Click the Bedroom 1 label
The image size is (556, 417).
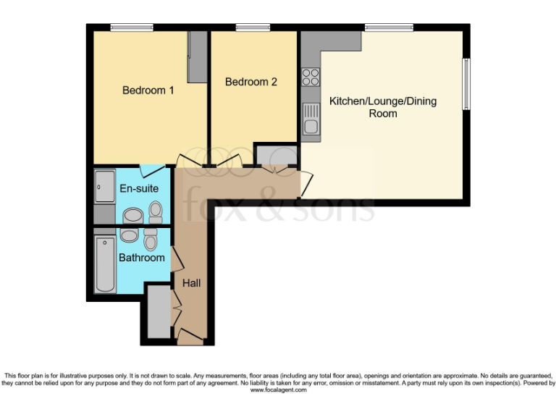click(148, 90)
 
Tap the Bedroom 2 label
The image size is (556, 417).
click(251, 82)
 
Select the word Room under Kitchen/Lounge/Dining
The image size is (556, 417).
click(383, 114)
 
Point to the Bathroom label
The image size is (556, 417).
click(143, 257)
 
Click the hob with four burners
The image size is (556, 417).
click(311, 76)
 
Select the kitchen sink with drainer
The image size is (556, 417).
click(311, 119)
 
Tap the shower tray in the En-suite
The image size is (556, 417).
click(104, 186)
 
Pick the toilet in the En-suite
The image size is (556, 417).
click(155, 211)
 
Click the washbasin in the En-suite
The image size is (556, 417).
click(132, 216)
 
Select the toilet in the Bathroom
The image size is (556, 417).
click(150, 238)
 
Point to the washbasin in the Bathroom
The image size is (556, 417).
click(129, 235)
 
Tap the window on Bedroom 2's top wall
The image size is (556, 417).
click(253, 28)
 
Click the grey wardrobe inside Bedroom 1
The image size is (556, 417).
click(196, 57)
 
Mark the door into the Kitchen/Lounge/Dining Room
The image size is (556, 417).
click(306, 181)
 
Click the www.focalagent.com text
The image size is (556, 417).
click(278, 389)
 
